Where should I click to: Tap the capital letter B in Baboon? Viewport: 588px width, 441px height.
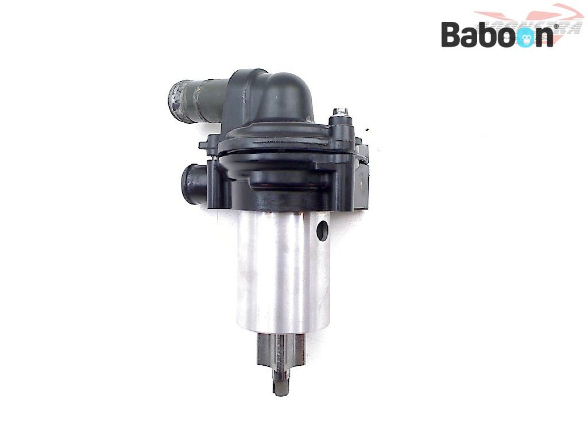click(451, 34)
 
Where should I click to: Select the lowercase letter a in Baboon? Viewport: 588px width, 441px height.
click(472, 37)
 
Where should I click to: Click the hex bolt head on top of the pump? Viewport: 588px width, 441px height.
click(342, 111)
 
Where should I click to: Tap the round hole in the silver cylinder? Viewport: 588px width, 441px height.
click(322, 230)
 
